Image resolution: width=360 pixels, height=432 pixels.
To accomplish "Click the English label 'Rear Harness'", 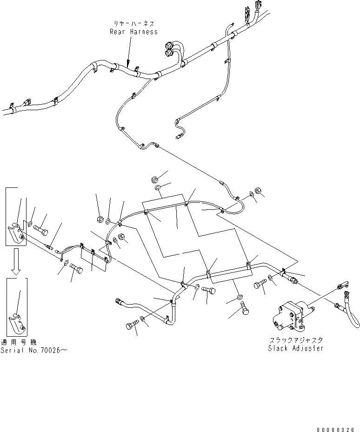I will point(133,32).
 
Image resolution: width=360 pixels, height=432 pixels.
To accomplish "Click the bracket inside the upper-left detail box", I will point(17,232).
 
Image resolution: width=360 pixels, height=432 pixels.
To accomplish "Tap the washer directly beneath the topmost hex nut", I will point(158,188).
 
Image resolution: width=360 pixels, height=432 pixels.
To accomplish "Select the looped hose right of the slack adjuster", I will point(347,309).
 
